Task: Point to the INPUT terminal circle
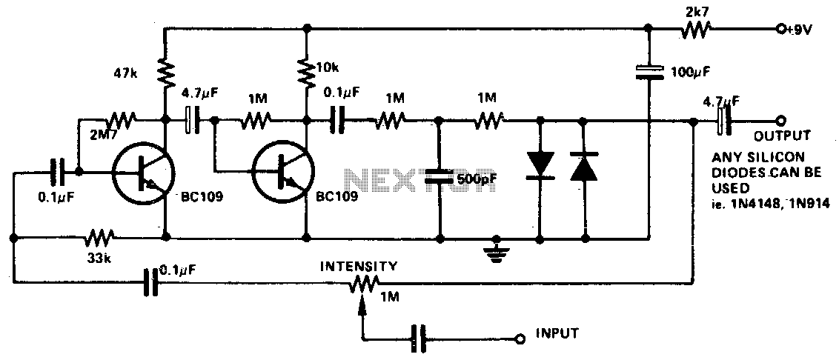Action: pyautogui.click(x=518, y=338)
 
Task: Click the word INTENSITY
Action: pyautogui.click(x=359, y=266)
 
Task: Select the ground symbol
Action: pyautogui.click(x=496, y=247)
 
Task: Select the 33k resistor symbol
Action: pyautogui.click(x=99, y=236)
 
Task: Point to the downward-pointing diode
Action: pyautogui.click(x=540, y=164)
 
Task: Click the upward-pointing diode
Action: pyautogui.click(x=584, y=167)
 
